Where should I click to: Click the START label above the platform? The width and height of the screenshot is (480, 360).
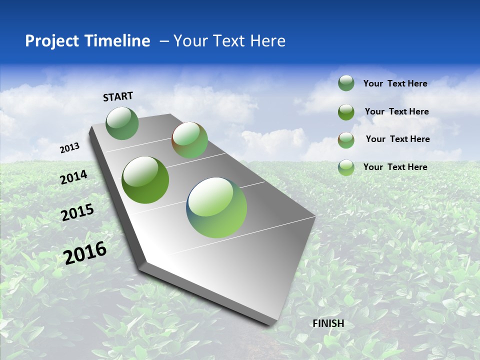pos(118,96)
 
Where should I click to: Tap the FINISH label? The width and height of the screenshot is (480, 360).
pos(328,323)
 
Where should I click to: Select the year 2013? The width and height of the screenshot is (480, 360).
pos(70,148)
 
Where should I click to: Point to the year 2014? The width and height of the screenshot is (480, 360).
pos(73,177)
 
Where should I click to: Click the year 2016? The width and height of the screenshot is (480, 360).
pos(85,252)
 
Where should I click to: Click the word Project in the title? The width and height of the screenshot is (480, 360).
pos(52,41)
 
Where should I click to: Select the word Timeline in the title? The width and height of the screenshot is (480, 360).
pos(118,41)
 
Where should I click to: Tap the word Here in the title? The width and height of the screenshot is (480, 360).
pos(267,41)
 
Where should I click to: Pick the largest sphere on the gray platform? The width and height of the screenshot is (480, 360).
pos(216,207)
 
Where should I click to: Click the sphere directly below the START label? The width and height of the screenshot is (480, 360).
pos(122,123)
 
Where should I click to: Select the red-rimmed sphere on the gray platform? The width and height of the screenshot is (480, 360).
pos(189,140)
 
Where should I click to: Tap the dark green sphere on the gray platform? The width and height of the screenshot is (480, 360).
pos(145,180)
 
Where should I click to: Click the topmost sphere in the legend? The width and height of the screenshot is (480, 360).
pos(346,83)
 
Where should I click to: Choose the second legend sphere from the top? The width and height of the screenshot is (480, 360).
pos(346,112)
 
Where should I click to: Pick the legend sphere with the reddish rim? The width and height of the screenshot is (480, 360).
pos(346,140)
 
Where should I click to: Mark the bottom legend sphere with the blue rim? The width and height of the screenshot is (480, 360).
pos(346,167)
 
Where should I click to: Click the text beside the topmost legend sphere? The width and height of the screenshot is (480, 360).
pos(395,83)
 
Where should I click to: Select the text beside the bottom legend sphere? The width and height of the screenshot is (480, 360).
pos(395,167)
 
